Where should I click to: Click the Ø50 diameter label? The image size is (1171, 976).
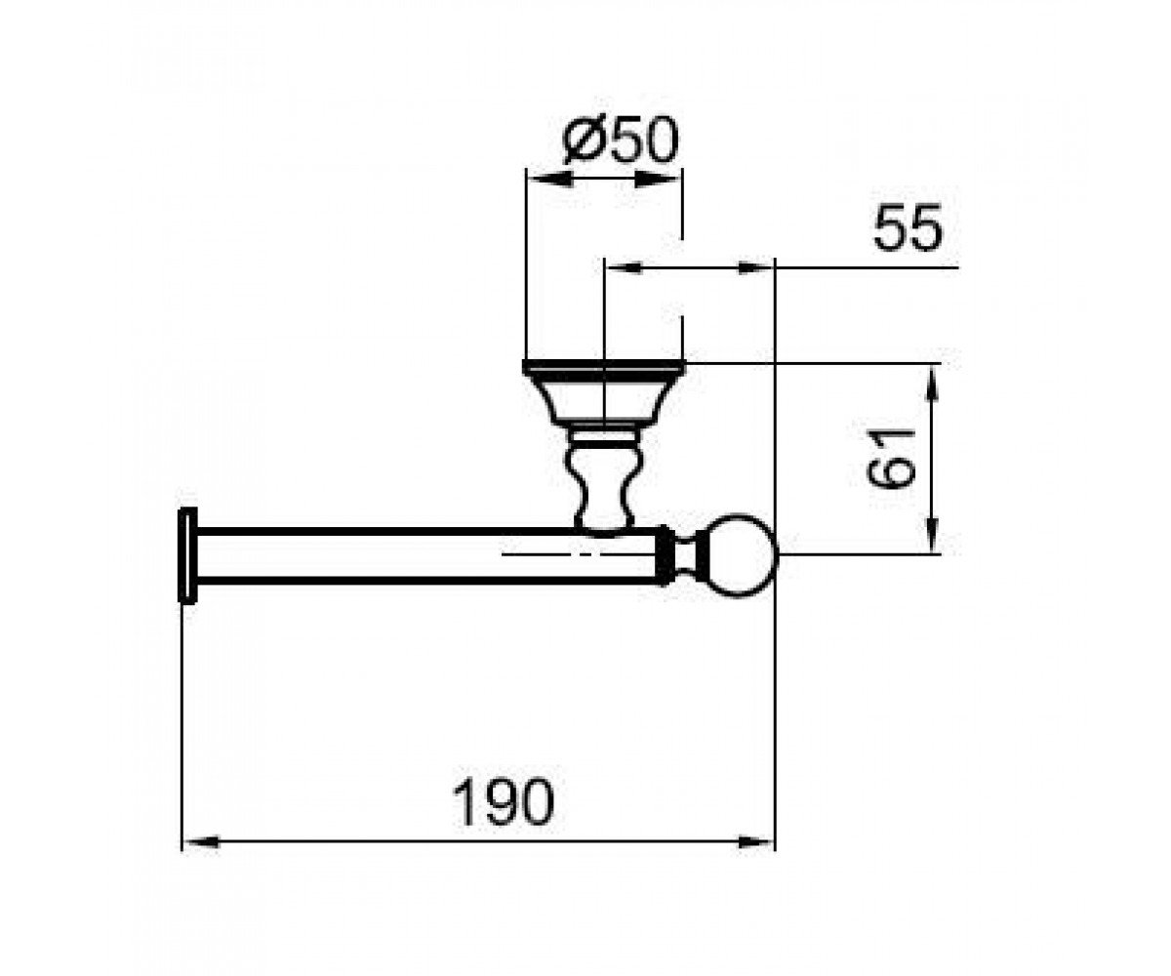tap(621, 140)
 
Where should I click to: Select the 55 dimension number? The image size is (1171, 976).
tap(908, 227)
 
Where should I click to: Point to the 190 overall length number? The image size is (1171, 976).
tap(503, 801)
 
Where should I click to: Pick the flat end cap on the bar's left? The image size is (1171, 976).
tap(187, 555)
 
